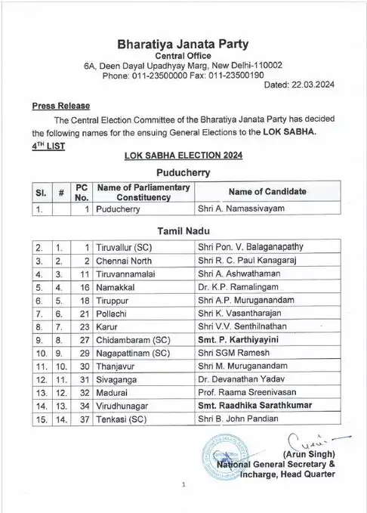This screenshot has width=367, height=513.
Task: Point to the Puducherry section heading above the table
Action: pyautogui.click(x=185, y=172)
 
